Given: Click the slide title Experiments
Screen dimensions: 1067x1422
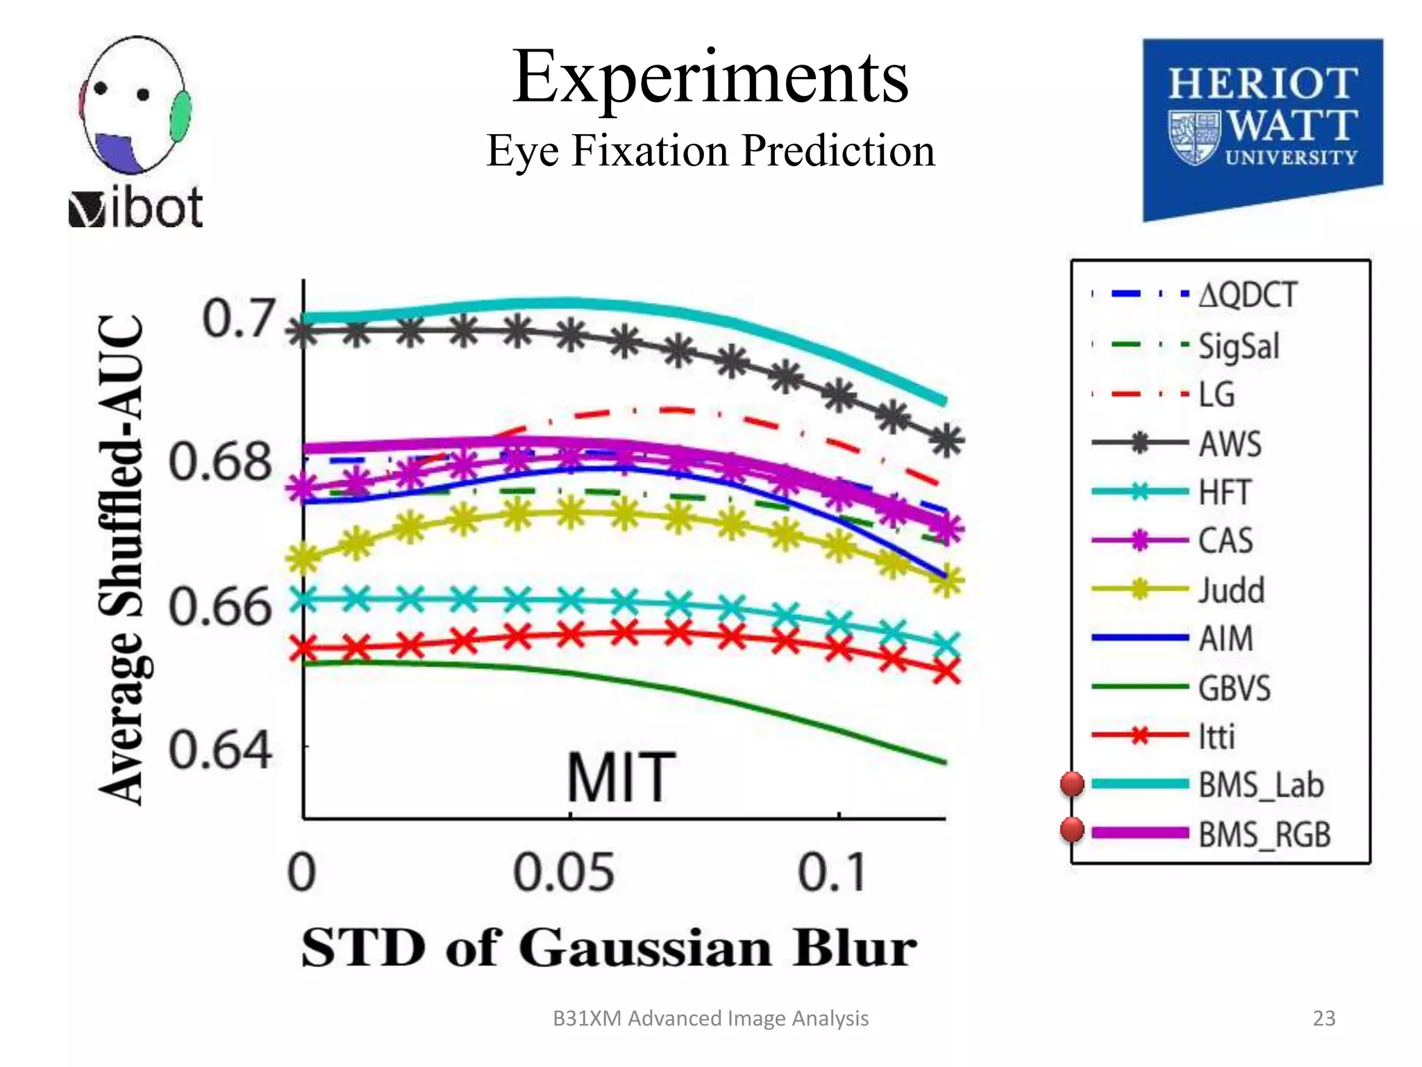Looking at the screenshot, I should coord(710,78).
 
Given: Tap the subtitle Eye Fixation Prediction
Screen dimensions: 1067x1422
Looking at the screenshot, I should coord(710,151).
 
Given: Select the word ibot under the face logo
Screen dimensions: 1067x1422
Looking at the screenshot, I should coord(157,208).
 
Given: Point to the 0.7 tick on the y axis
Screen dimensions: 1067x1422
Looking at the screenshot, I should coord(238,319).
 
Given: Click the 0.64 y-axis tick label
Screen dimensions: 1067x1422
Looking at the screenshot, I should coord(220,750).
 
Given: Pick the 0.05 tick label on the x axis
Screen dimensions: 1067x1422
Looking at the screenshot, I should coord(564,872).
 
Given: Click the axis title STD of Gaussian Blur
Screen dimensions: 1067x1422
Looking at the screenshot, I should coord(609,948).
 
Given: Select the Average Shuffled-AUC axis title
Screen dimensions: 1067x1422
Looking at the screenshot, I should coord(122,559).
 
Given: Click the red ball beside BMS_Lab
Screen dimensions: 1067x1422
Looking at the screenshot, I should coord(1072,784).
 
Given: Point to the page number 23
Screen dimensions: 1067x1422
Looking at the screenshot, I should coord(1323,1018).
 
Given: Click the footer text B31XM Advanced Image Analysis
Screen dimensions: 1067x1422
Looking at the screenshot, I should coord(710,1018).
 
